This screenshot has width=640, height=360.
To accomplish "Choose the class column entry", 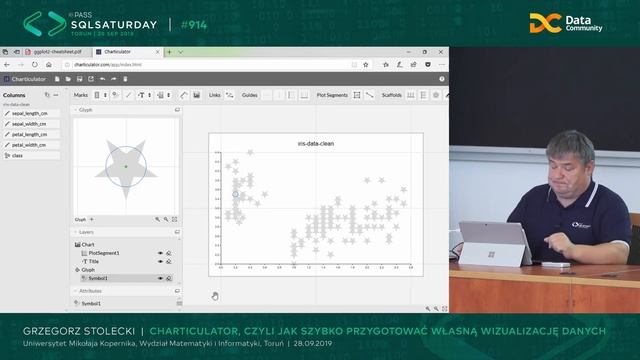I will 19,155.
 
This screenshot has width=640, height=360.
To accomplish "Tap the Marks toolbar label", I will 81,95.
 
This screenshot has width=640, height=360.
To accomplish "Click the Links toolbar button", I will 215,95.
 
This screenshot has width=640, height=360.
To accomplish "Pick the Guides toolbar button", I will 249,95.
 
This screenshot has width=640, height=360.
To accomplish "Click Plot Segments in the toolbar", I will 332,95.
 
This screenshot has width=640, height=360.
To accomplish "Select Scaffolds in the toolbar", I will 391,95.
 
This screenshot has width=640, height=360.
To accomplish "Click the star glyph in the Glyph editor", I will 126,165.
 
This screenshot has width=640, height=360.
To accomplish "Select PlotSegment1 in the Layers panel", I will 104,253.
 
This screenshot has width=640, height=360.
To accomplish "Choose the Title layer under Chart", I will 94,261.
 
